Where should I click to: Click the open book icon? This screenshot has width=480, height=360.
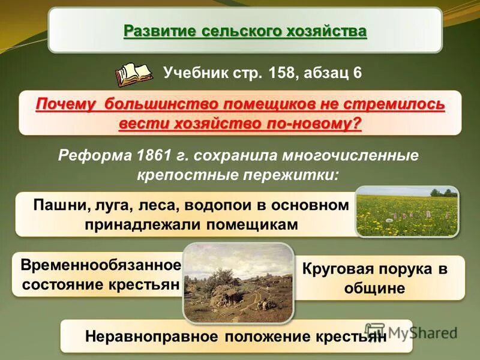pyautogui.click(x=134, y=74)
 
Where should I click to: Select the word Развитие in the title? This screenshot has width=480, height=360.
pyautogui.click(x=157, y=30)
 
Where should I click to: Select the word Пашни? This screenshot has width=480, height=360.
pyautogui.click(x=56, y=205)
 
